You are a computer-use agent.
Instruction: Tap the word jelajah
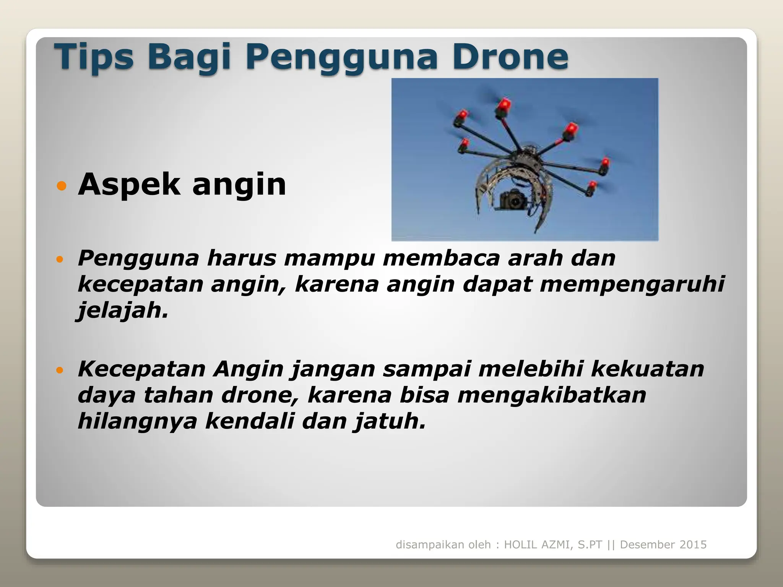point(122,310)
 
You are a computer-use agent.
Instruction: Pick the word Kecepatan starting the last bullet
point(142,369)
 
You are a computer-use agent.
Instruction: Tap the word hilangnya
point(138,422)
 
